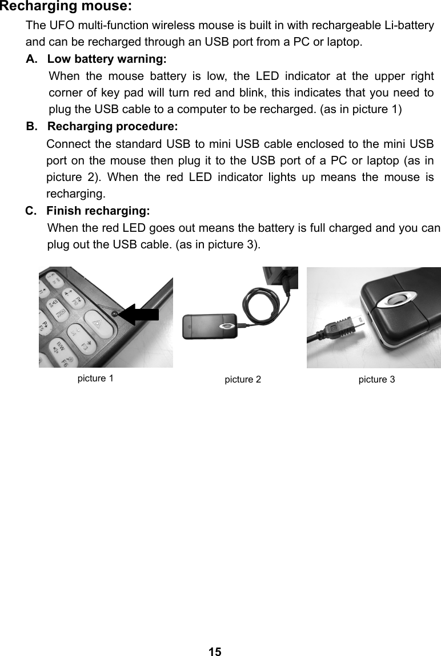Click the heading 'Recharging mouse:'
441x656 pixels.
(x=66, y=7)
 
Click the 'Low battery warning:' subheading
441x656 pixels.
(x=107, y=59)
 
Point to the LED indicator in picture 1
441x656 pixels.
(x=115, y=314)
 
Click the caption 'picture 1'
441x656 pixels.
(x=95, y=379)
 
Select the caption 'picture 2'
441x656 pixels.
(x=243, y=380)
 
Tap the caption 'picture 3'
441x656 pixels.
(x=376, y=380)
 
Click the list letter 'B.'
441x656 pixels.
(x=32, y=125)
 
